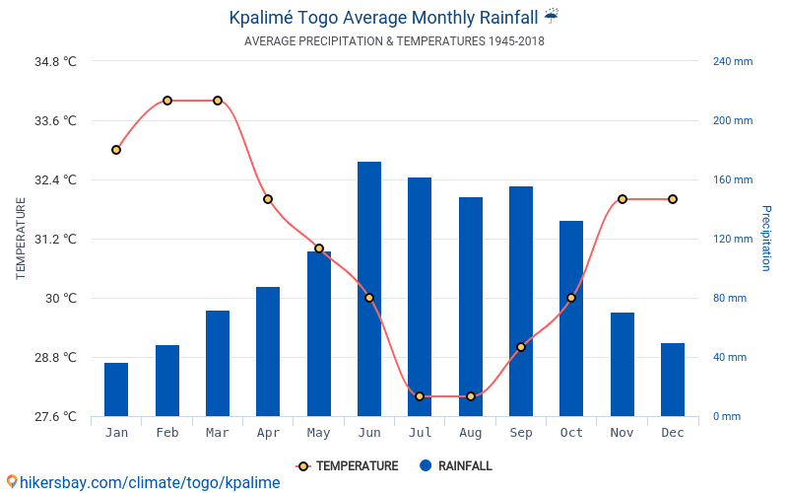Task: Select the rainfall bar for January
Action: pyautogui.click(x=116, y=389)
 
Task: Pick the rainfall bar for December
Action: pyautogui.click(x=673, y=380)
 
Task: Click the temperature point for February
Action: pyautogui.click(x=167, y=101)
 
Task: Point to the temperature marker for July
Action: pyautogui.click(x=420, y=396)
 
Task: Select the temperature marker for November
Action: pyautogui.click(x=622, y=199)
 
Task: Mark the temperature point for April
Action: pyautogui.click(x=268, y=199)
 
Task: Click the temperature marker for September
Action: pyautogui.click(x=521, y=347)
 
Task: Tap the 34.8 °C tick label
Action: pyautogui.click(x=55, y=61)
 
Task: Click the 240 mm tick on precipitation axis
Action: pyautogui.click(x=732, y=61)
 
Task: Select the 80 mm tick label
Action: pyautogui.click(x=729, y=298)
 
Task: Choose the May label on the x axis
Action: pyautogui.click(x=318, y=433)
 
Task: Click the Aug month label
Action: pyautogui.click(x=470, y=433)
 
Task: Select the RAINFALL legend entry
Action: pyautogui.click(x=455, y=466)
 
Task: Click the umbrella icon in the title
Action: pyautogui.click(x=552, y=16)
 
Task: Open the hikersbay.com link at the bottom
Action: pyautogui.click(x=143, y=482)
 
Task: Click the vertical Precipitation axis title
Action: pyautogui.click(x=766, y=239)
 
